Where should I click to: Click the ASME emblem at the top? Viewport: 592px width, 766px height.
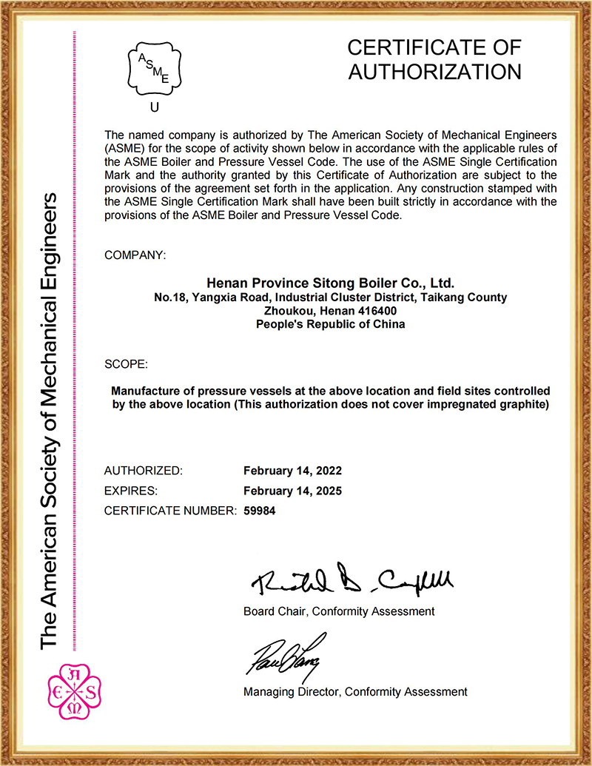tap(155, 69)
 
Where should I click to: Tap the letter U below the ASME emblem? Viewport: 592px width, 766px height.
tap(154, 107)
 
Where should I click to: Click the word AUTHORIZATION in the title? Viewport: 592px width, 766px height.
tap(434, 72)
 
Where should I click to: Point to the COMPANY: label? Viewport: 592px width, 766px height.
tap(135, 255)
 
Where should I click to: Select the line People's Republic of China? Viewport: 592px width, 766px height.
tap(330, 324)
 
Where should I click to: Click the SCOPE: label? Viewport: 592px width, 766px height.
tap(127, 365)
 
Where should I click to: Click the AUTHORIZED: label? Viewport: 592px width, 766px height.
tap(143, 471)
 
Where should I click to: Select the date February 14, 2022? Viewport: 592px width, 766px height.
tap(292, 471)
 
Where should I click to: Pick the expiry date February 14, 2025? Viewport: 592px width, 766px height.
tap(292, 491)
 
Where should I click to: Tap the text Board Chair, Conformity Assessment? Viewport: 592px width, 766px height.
tap(339, 611)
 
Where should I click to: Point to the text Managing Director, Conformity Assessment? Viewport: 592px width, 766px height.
tap(355, 692)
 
